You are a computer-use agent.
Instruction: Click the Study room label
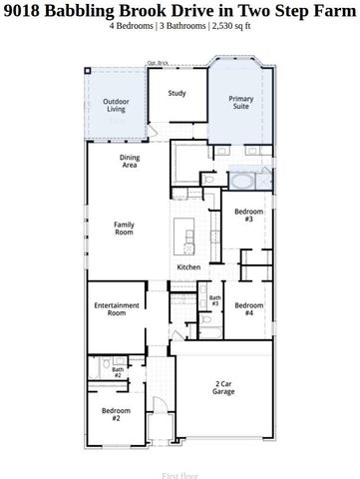pos(177,94)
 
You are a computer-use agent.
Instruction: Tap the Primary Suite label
pos(241,102)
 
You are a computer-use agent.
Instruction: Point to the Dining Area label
pos(129,161)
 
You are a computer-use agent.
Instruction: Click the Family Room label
pos(124,229)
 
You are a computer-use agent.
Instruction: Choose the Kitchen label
pos(189,267)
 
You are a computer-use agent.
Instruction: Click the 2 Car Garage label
pos(223,387)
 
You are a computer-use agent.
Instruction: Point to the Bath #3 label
pos(214,300)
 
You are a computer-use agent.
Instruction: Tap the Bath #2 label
pos(117,372)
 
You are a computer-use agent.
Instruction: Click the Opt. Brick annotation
pos(158,62)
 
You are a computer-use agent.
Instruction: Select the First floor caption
pos(180,476)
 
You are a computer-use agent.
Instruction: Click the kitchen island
pos(186,239)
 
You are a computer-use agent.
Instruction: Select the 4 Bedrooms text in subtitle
pos(136,27)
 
